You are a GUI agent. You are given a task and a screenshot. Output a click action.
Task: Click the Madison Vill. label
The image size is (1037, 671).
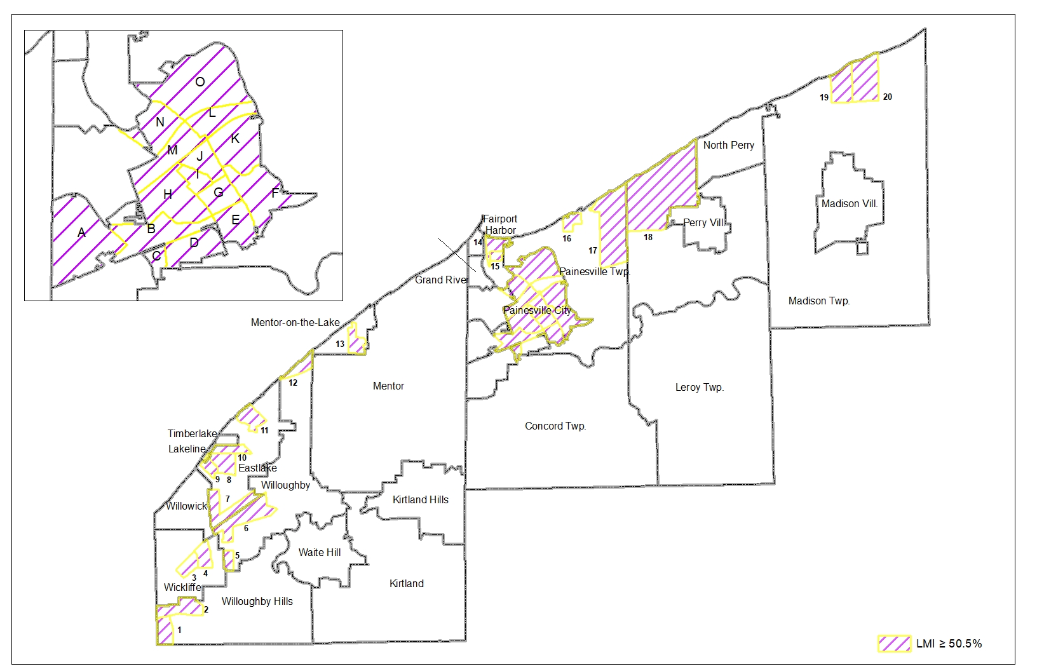tap(850, 204)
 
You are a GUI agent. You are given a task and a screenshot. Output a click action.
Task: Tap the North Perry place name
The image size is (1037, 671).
tap(728, 145)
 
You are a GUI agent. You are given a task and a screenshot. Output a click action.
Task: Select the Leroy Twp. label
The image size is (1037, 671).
tap(699, 387)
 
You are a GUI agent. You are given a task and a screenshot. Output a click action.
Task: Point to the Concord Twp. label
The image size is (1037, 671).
tap(555, 426)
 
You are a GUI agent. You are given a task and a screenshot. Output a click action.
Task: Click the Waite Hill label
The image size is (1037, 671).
tap(320, 552)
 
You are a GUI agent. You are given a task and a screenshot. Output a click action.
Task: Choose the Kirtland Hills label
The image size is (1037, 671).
tap(420, 499)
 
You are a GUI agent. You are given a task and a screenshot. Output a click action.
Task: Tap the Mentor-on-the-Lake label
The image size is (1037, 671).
tap(295, 322)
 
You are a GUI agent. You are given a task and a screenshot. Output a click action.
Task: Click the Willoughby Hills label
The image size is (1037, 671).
tap(257, 601)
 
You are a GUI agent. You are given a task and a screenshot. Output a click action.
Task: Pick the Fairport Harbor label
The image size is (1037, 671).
tap(500, 224)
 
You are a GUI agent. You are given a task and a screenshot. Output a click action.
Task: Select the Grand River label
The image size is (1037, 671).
tap(442, 280)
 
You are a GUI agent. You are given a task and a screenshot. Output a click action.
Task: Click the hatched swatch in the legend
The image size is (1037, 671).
tap(893, 644)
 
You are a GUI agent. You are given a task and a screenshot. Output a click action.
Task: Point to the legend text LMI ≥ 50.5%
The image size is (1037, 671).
tap(949, 644)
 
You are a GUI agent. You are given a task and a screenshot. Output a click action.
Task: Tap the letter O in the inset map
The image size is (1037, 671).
tap(200, 81)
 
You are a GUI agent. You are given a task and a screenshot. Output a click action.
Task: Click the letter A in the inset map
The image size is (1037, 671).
tap(81, 233)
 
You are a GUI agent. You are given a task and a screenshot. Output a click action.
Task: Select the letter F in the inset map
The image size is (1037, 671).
tap(275, 193)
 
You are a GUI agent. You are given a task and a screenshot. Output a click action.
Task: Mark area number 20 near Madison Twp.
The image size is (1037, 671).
tap(888, 97)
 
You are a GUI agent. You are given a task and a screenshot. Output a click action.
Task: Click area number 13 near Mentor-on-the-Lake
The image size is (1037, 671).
tap(340, 344)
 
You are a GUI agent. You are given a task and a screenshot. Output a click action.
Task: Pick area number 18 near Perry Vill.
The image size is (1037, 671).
tap(647, 238)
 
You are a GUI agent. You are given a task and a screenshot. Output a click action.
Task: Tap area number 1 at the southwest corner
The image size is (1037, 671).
tap(179, 630)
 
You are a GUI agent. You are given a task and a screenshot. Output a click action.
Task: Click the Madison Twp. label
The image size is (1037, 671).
tap(818, 301)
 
